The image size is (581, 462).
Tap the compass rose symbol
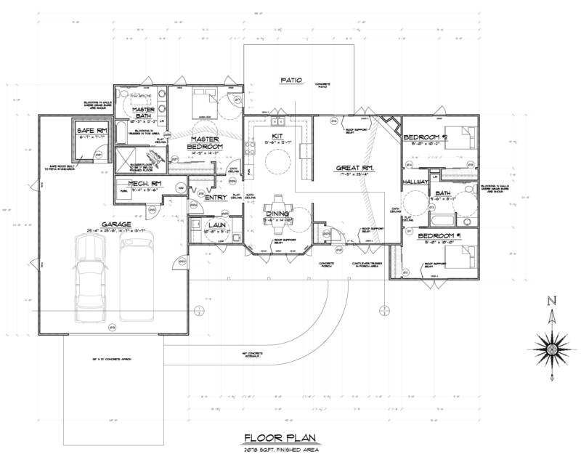pos(552,349)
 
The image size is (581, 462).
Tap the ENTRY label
pos(216,198)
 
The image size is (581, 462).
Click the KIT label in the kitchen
pos(277,136)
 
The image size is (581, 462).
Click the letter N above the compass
pos(552,301)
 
